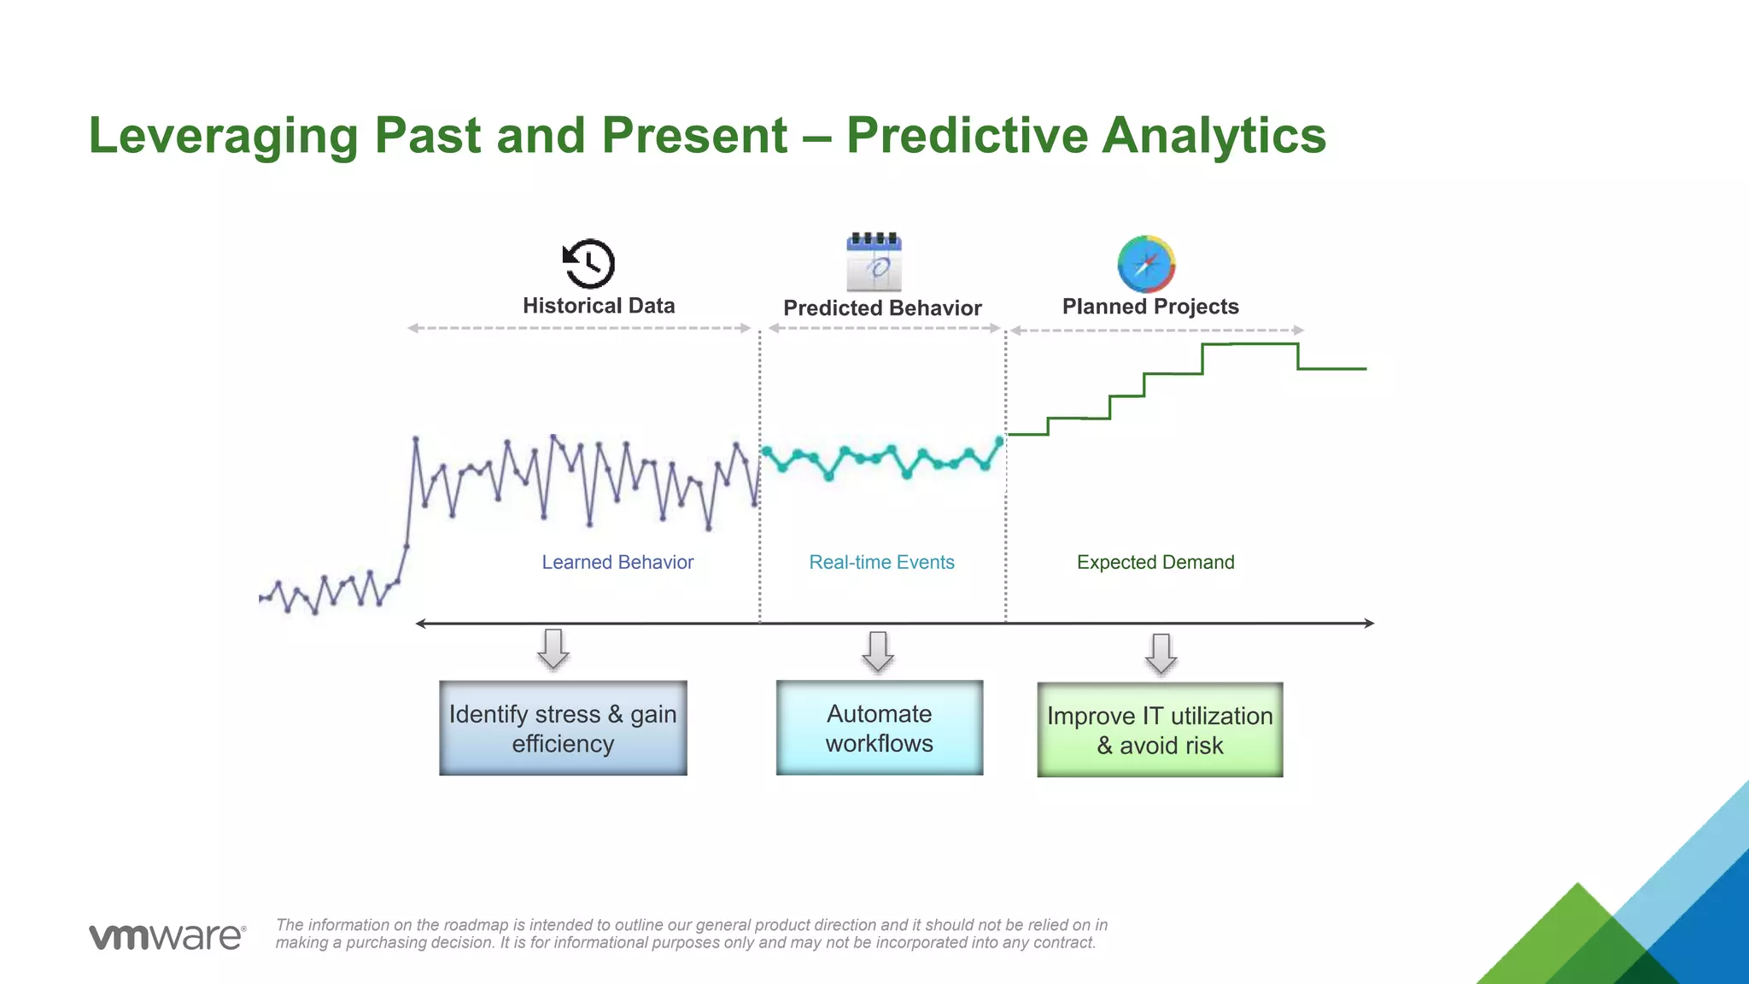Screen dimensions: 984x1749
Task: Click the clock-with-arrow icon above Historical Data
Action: [x=589, y=264]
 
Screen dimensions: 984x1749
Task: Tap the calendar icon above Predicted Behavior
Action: [x=874, y=262]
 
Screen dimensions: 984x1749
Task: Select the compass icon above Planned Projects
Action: [x=1146, y=264]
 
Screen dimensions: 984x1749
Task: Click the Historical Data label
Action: [x=599, y=306]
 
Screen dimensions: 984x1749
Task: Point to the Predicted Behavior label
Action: [x=882, y=308]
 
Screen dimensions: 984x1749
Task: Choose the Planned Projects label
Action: [x=1150, y=307]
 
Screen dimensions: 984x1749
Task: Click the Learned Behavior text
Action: [x=617, y=562]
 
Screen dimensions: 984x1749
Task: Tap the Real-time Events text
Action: [x=881, y=562]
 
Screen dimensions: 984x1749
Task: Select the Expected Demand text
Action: [x=1155, y=562]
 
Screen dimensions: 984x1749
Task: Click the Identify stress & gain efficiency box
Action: [x=563, y=729]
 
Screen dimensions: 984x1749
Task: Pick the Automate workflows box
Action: [x=879, y=728]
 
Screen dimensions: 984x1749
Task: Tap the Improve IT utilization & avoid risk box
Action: [x=1160, y=730]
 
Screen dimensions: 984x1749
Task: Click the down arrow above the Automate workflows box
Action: [x=878, y=652]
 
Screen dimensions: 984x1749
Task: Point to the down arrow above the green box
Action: [x=1161, y=654]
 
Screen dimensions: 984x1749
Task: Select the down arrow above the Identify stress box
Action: [x=553, y=649]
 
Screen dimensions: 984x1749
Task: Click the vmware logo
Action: [x=167, y=936]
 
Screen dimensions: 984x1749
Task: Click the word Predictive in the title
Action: [x=966, y=136]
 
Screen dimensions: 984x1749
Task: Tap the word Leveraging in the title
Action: [x=223, y=136]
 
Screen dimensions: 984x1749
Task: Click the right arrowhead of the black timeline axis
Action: [x=1369, y=624]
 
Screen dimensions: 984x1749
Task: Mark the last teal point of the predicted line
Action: [x=1000, y=441]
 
